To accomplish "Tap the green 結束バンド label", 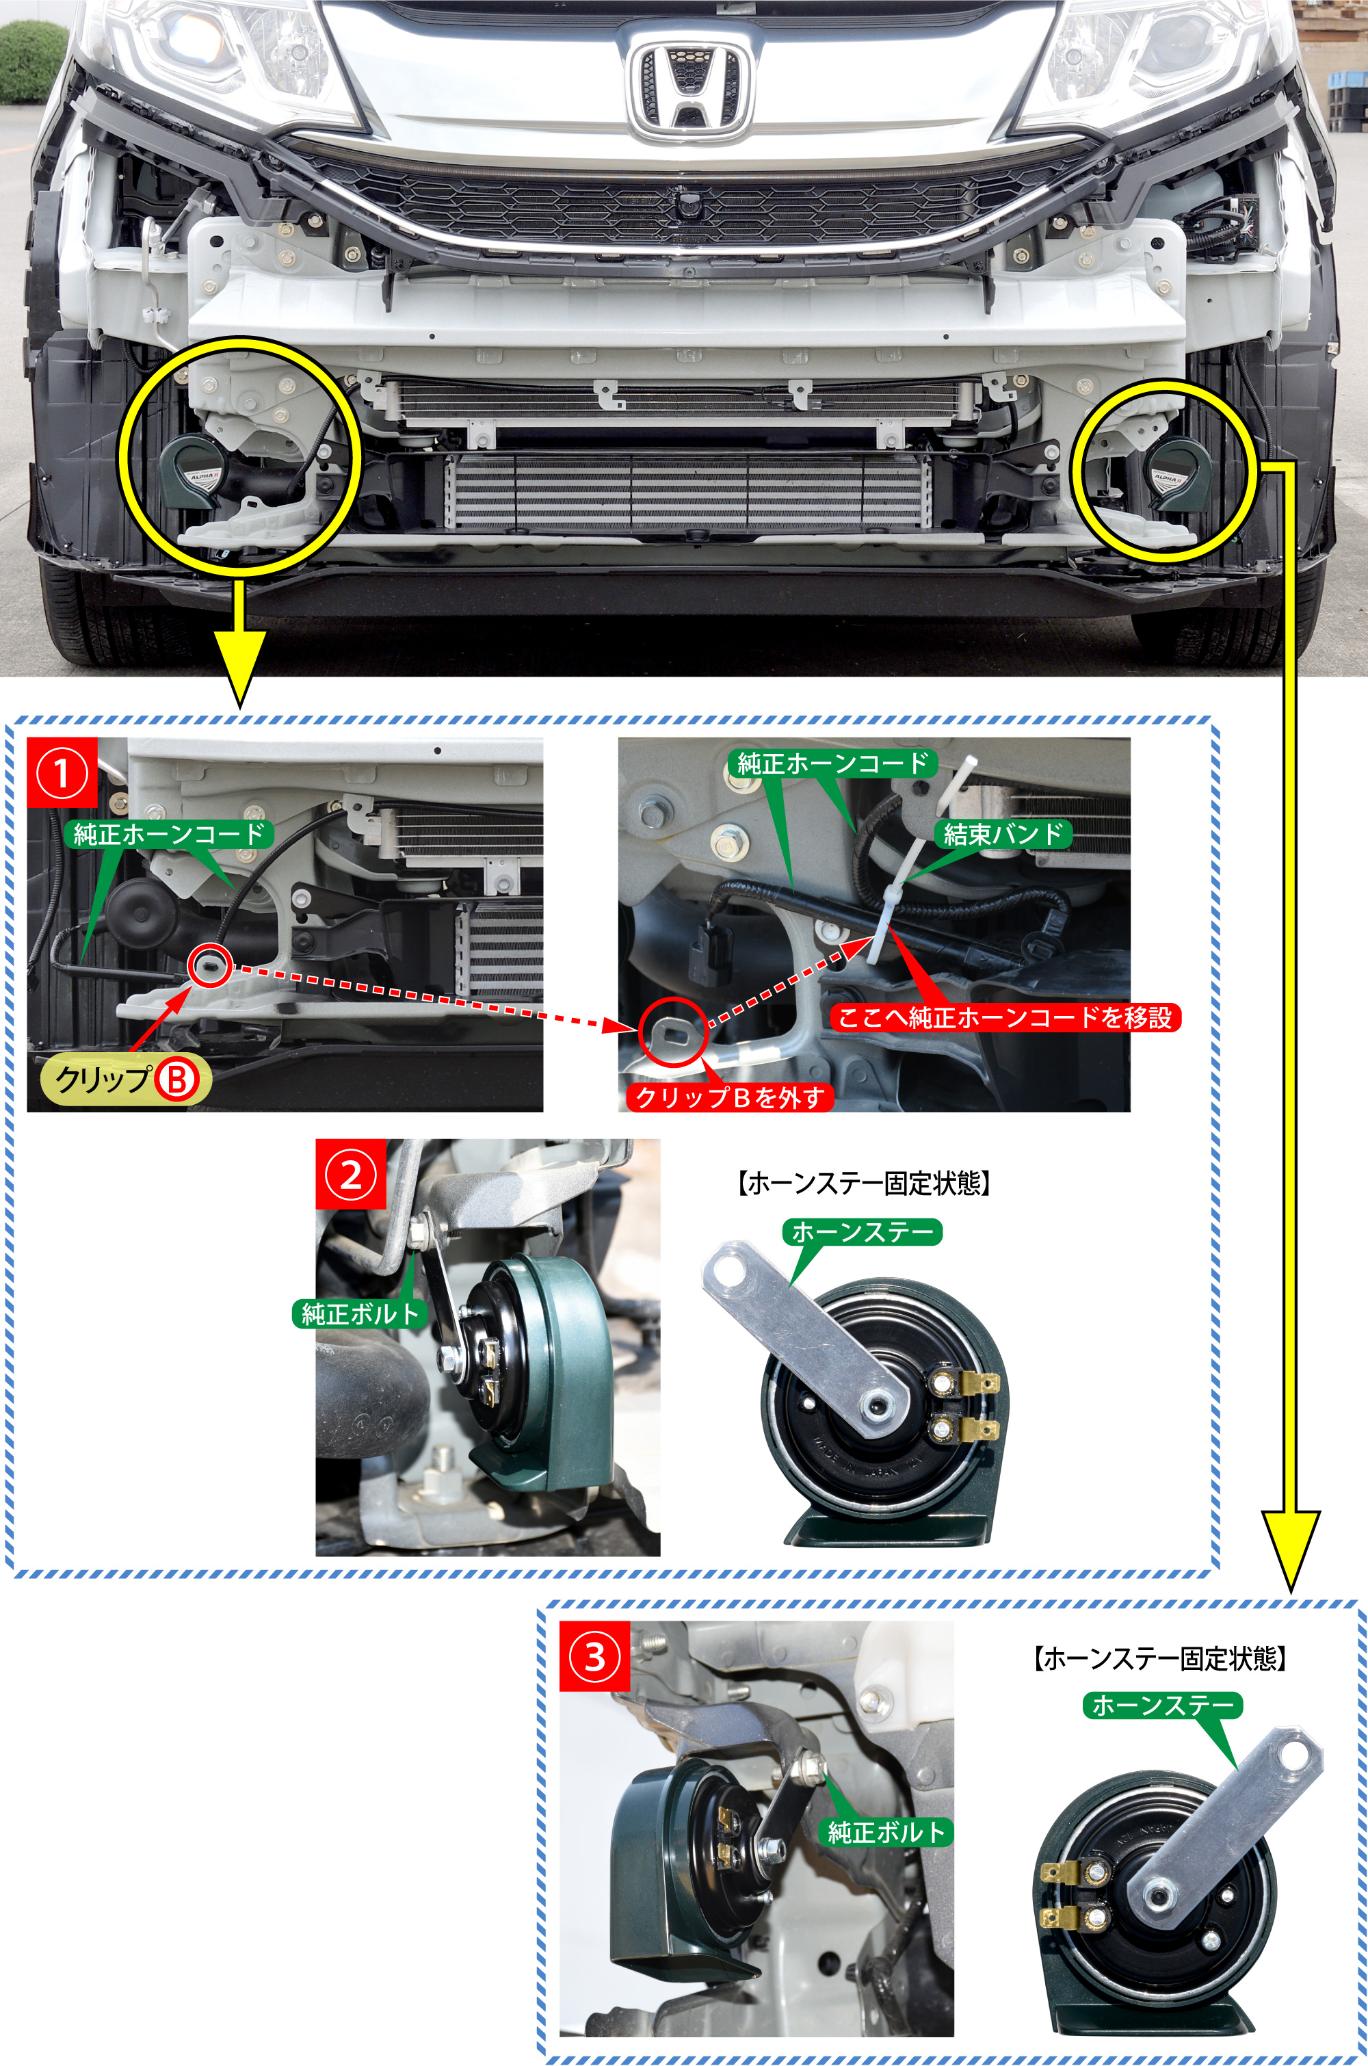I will click(1003, 834).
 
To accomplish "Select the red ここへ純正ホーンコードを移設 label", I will click(1004, 1017).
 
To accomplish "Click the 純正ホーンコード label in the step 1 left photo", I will click(168, 834).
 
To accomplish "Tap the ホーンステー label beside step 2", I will click(862, 1231).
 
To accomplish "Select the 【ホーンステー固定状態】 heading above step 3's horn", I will click(1159, 1658).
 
